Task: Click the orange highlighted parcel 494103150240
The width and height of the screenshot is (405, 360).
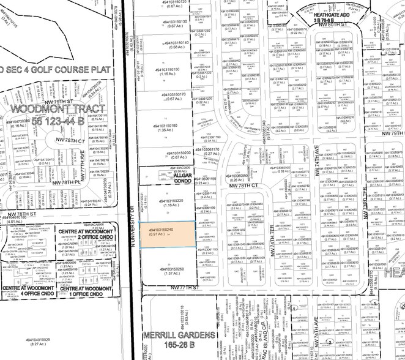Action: [168, 235]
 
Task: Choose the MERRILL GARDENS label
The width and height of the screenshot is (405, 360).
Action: [171, 336]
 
